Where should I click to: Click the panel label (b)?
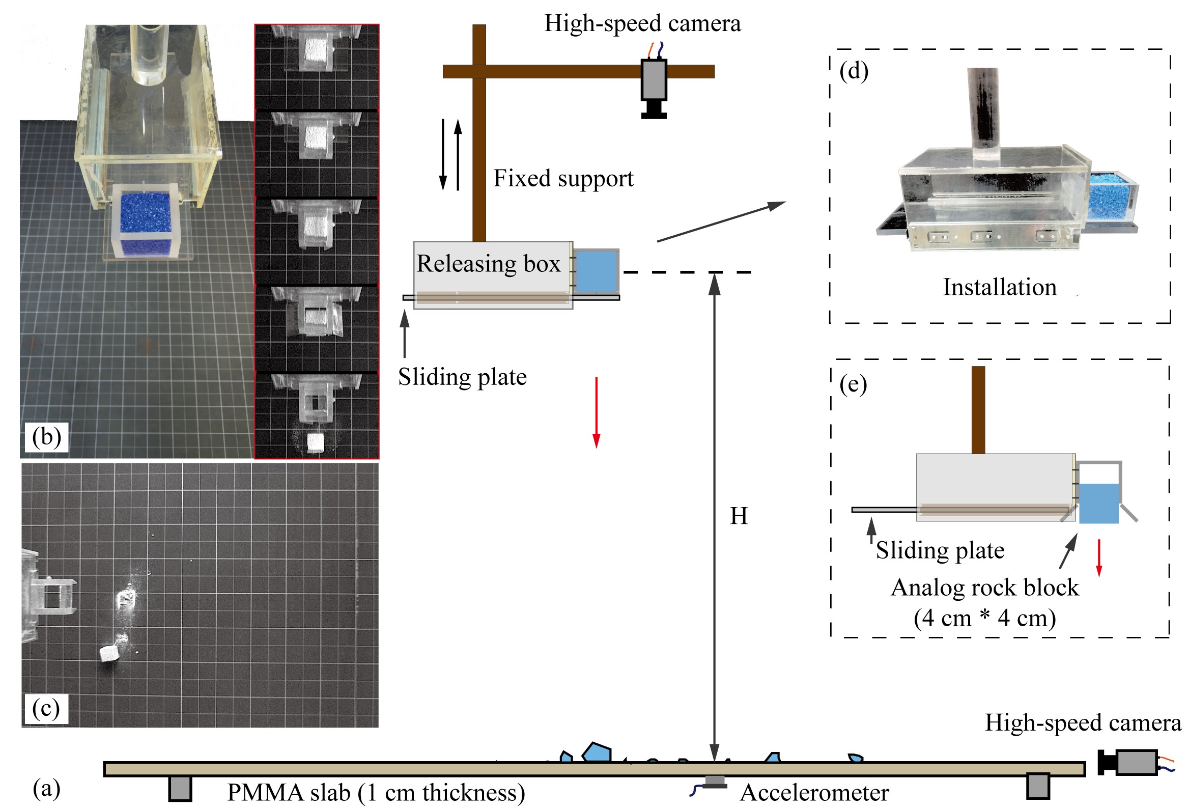(46, 437)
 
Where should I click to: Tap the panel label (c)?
(46, 709)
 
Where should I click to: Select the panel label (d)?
(854, 71)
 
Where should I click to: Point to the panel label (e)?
(853, 384)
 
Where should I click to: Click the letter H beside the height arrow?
(739, 516)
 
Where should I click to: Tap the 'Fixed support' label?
(563, 179)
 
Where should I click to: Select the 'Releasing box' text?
(488, 264)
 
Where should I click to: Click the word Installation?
(999, 287)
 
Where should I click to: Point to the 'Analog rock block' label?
(984, 588)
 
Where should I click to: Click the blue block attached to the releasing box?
(596, 271)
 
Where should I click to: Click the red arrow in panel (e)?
(1099, 557)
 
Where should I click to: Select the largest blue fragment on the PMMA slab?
(597, 753)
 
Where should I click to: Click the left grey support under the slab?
(180, 788)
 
